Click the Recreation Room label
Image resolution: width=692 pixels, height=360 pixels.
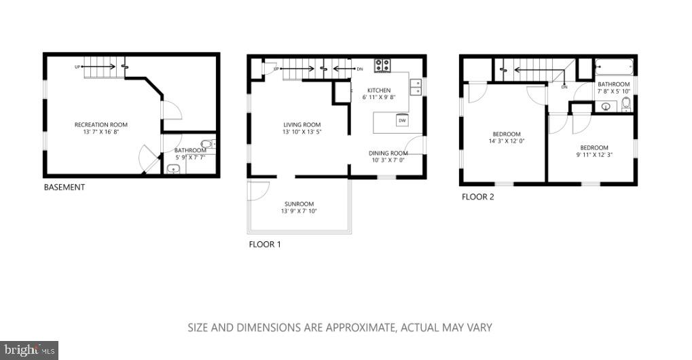point(101,125)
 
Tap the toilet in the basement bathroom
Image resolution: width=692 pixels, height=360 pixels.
point(211,143)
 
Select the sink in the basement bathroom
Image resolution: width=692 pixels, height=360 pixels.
point(174,169)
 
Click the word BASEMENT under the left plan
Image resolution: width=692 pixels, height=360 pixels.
point(65,187)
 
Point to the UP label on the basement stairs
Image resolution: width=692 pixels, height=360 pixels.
point(79,67)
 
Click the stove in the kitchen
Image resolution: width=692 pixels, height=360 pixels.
point(383,65)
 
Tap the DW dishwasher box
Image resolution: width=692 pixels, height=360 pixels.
point(402,120)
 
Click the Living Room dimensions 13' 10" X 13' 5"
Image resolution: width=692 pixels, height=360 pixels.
point(302,132)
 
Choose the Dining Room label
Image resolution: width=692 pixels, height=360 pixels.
point(388,154)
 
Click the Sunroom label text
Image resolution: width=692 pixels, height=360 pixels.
point(299,204)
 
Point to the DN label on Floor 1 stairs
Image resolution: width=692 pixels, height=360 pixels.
point(360,69)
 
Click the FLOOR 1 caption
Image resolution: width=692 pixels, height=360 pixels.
point(264,244)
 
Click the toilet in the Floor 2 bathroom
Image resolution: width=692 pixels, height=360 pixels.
point(625,104)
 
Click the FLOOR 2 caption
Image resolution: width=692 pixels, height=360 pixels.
point(478,197)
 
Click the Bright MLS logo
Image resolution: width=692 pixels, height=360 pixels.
point(29,350)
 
